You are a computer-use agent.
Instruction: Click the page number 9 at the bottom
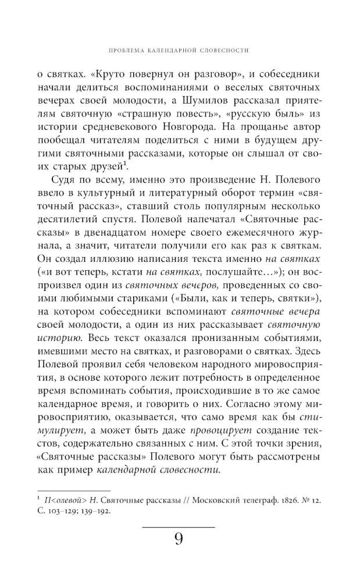click(x=179, y=540)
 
